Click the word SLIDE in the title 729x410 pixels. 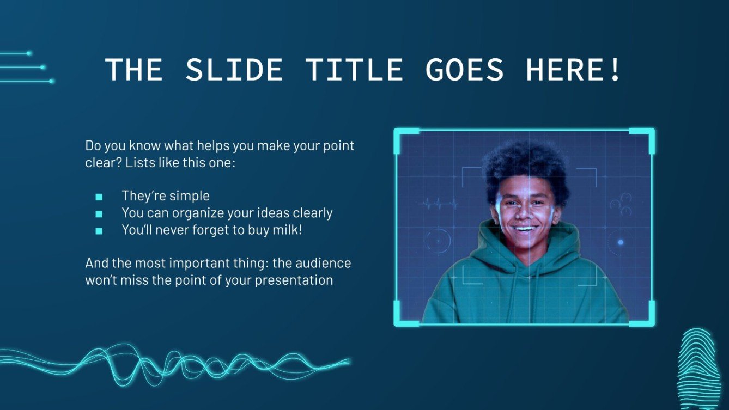[x=234, y=69]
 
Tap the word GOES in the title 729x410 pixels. [x=465, y=69]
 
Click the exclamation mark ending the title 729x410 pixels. [x=616, y=69]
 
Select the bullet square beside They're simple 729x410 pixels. [x=99, y=197]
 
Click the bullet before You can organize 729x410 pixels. [x=99, y=214]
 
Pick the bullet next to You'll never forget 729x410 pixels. [x=99, y=231]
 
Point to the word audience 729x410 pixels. [x=323, y=263]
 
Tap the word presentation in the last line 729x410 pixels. [x=294, y=280]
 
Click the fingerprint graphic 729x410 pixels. [x=698, y=369]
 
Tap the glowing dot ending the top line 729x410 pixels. [x=29, y=53]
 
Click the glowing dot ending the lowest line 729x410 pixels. [x=51, y=81]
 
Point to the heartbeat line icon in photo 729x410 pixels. [x=438, y=204]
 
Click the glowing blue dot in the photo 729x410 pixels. [x=620, y=242]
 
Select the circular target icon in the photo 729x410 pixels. [x=439, y=241]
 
